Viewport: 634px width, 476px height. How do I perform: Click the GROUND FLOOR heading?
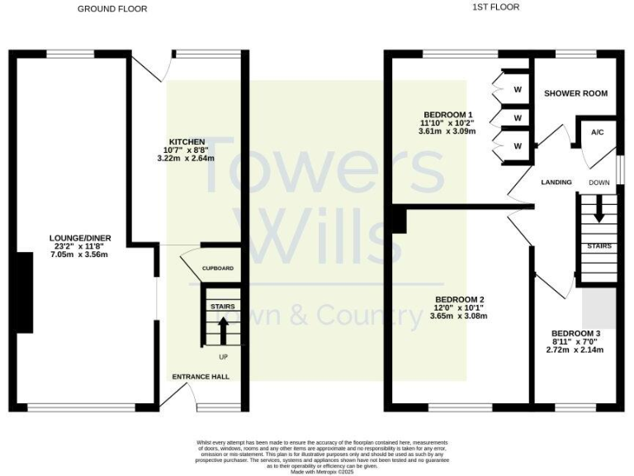pyautogui.click(x=112, y=9)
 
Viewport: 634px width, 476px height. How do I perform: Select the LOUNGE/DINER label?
pyautogui.click(x=79, y=238)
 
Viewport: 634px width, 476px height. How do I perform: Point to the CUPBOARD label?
pyautogui.click(x=218, y=269)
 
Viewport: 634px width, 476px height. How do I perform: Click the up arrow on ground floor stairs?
pyautogui.click(x=222, y=331)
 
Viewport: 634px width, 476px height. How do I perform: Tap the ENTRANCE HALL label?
pyautogui.click(x=201, y=377)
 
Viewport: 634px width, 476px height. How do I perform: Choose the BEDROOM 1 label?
pyautogui.click(x=447, y=114)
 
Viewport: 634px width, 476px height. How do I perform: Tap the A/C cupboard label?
pyautogui.click(x=596, y=132)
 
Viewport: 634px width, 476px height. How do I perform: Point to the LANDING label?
pyautogui.click(x=556, y=182)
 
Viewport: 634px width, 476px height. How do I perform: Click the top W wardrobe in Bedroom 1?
pyautogui.click(x=518, y=89)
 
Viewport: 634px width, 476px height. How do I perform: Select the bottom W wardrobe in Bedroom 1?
pyautogui.click(x=518, y=146)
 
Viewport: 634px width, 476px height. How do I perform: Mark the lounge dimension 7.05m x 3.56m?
pyautogui.click(x=79, y=255)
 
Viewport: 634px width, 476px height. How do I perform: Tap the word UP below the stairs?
pyautogui.click(x=223, y=357)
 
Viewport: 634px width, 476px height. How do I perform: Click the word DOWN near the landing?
pyautogui.click(x=599, y=183)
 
